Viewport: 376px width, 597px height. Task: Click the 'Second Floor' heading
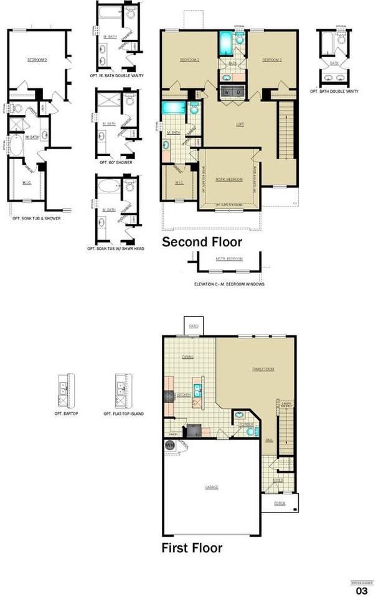(x=202, y=241)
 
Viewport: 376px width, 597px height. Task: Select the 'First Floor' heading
(x=192, y=548)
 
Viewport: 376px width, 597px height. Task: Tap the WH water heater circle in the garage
(x=169, y=445)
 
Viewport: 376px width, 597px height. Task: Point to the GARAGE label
(x=212, y=487)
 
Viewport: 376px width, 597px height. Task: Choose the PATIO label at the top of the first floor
(x=194, y=325)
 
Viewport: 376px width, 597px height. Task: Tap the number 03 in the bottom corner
(x=362, y=590)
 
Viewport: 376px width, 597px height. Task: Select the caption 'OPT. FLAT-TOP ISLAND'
(x=124, y=413)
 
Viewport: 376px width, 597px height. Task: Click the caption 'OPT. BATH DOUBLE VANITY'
(x=337, y=91)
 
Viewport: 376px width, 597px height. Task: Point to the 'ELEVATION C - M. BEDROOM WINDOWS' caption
(x=230, y=284)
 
